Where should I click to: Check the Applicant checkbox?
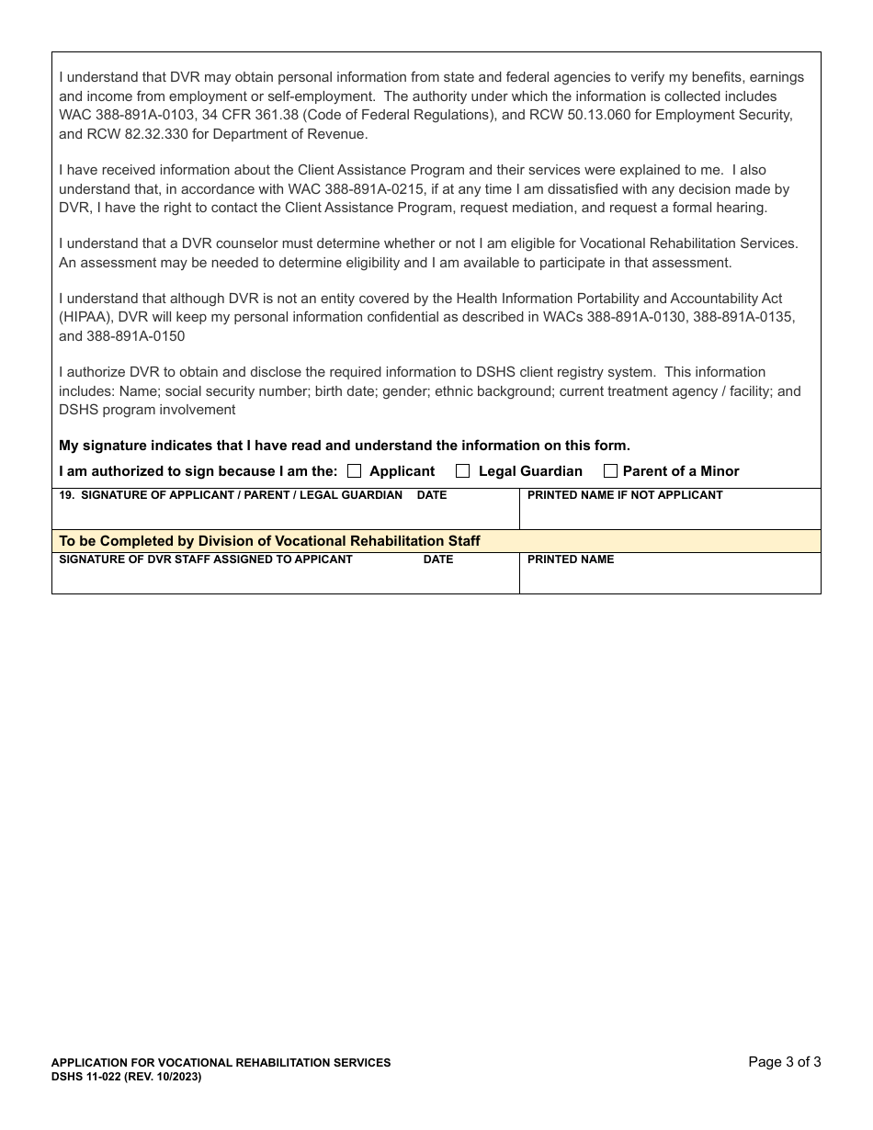354,471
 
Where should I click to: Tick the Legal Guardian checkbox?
462,471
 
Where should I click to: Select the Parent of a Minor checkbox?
610,471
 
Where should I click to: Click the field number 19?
65,495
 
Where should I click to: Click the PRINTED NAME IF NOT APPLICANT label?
625,495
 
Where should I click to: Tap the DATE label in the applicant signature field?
432,495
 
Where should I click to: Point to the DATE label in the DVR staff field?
438,559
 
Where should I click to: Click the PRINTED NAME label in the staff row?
571,559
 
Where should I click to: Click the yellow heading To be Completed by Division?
269,541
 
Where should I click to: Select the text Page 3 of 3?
784,1062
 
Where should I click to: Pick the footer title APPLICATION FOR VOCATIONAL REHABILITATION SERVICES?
221,1063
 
